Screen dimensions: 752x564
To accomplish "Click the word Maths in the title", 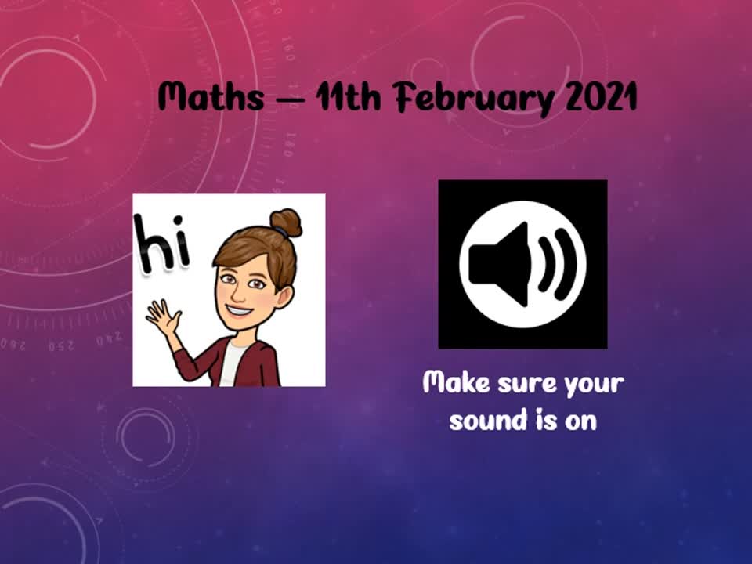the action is point(211,96).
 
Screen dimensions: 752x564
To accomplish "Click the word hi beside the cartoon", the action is point(161,243).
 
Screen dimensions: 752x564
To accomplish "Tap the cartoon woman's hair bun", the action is point(286,222).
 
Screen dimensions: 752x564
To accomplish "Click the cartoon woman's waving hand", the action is point(163,317).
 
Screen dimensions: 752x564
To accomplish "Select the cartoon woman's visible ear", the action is point(286,296).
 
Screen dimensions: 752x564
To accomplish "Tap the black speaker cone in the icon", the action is point(499,265).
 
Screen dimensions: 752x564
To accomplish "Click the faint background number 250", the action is point(61,345).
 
